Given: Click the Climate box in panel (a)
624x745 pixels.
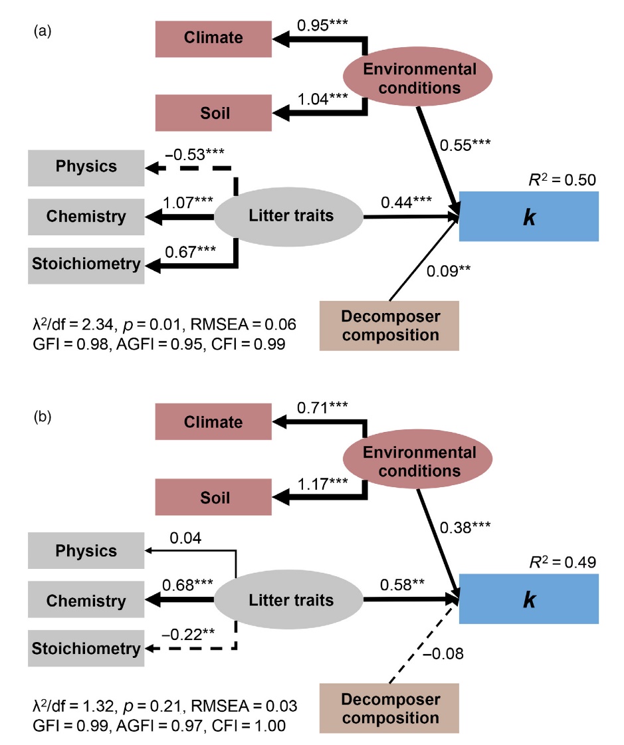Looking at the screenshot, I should point(213,39).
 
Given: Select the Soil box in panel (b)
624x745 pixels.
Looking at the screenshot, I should point(213,497).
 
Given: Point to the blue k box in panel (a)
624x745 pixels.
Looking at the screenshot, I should point(529,217).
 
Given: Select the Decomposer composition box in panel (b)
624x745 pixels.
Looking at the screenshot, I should point(389,708).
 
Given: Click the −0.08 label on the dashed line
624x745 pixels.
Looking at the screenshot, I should point(443,654).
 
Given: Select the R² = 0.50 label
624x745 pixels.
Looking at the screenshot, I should point(557,179).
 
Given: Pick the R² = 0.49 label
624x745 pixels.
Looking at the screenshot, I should point(557,562).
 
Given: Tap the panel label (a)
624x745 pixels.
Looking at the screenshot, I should point(43,31).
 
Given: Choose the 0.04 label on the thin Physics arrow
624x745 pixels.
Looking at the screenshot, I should point(188,538).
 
